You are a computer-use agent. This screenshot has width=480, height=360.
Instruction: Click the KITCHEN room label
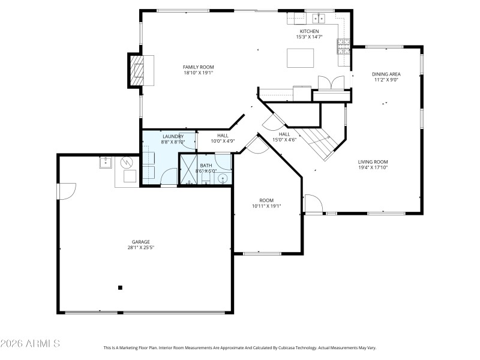tap(310, 31)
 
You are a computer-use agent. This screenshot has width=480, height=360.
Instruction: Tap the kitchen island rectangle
tap(301, 58)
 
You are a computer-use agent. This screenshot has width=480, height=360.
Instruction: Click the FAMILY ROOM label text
tap(198, 67)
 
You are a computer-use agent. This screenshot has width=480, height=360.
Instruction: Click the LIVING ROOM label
tap(373, 161)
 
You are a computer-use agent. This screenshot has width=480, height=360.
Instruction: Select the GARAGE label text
tap(141, 242)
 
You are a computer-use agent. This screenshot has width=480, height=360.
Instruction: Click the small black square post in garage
tap(120, 287)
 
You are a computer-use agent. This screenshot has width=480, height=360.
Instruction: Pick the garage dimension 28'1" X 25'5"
tap(141, 247)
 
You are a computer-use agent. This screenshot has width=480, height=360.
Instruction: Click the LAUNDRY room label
tap(173, 137)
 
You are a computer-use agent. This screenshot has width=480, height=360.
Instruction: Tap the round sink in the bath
tap(223, 178)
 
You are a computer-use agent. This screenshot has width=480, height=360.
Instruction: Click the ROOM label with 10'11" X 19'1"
tap(266, 200)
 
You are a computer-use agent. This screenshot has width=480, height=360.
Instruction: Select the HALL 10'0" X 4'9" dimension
tap(223, 142)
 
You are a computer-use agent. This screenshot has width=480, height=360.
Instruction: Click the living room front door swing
tap(313, 203)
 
